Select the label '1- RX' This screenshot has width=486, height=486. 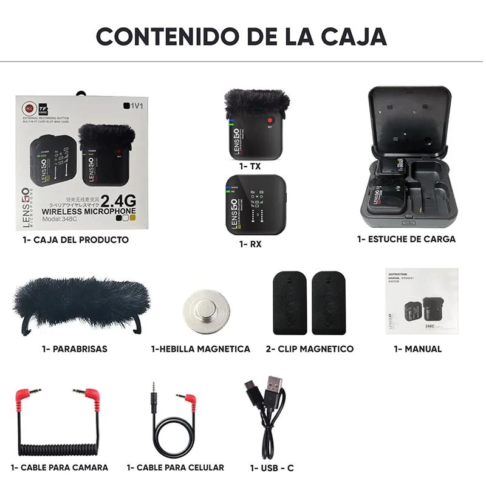coord(250,244)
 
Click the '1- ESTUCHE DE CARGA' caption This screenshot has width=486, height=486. coord(406,239)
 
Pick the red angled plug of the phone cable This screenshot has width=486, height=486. coord(190,400)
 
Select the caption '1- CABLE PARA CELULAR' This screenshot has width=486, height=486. coord(176,467)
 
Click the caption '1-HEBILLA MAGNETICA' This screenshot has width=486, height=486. coord(200,349)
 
